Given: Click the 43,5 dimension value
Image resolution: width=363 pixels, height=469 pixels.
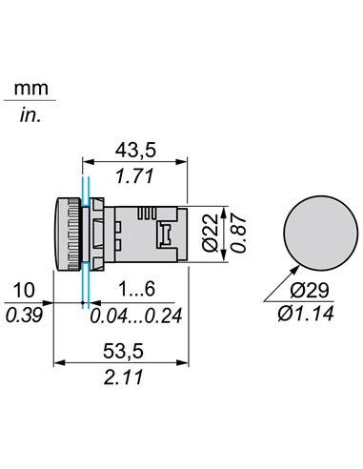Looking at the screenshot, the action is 135,150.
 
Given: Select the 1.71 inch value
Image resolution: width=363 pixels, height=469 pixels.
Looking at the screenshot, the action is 134,176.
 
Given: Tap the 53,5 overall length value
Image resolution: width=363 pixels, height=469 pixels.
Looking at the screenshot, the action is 123,351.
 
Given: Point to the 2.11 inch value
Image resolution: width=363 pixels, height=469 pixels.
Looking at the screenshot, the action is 124,377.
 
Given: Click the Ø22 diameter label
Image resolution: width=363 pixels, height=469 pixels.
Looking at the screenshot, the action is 211,233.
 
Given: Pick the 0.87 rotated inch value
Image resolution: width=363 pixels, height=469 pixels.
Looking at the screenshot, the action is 238,234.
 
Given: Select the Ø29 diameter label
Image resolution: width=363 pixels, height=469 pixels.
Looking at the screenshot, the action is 310,290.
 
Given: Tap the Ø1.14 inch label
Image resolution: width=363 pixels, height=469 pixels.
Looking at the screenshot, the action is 306,314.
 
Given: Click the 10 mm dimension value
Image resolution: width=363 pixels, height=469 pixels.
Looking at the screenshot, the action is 24,290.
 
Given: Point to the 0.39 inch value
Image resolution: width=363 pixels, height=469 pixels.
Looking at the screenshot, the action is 24,316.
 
